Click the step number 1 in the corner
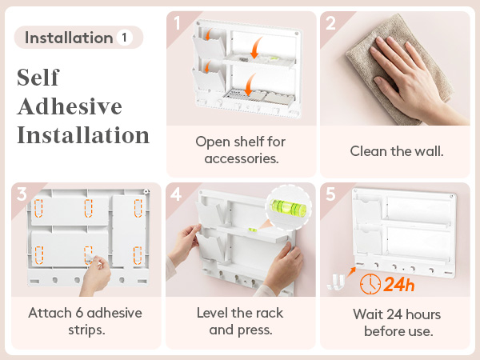coord(177,22)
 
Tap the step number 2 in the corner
coord(330,23)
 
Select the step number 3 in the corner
coord(22,194)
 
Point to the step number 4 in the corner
coord(176,194)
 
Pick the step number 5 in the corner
coord(330,194)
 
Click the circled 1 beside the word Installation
coord(124,38)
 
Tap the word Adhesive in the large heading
coord(70,106)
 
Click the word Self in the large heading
coord(38,77)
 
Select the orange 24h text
coord(399,284)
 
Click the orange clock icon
coord(370,284)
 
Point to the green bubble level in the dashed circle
coord(288,207)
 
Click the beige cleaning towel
coord(398,67)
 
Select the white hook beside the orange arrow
coord(336,282)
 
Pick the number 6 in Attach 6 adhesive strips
coord(79,313)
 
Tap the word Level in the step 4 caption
coord(212,313)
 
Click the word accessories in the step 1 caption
coord(242,159)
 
